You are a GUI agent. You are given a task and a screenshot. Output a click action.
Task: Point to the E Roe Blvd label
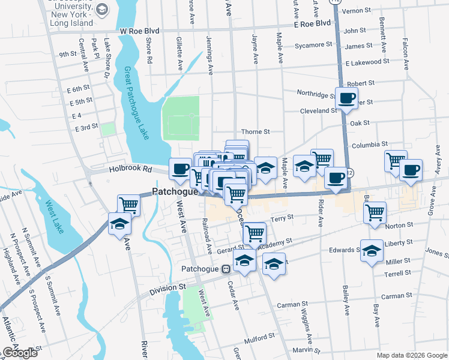pos(309,23)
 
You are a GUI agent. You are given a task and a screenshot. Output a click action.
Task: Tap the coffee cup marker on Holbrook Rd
pos(180,169)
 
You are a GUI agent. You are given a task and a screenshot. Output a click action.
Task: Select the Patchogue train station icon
pos(226,269)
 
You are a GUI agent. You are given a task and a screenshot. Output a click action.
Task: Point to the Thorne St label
pos(256,131)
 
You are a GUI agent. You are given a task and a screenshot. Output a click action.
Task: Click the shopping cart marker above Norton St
pos(375,212)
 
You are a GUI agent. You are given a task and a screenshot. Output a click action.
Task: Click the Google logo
pos(20,353)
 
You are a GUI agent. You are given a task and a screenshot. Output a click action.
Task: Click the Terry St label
pos(282,218)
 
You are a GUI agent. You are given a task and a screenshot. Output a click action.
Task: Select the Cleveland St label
pos(319,111)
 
